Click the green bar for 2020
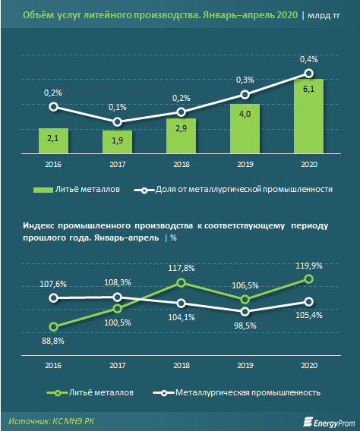(x=308, y=116)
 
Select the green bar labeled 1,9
(x=117, y=142)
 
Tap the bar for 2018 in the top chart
(x=181, y=136)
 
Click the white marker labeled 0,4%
(x=309, y=74)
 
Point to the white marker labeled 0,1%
(x=118, y=121)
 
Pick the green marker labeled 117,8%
(x=182, y=282)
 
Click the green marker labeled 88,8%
(x=54, y=327)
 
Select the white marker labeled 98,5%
(x=245, y=311)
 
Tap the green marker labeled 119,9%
(x=309, y=279)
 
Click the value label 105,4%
(x=309, y=315)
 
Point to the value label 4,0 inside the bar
(x=245, y=114)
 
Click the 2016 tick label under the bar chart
(x=53, y=165)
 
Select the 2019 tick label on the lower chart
(x=245, y=365)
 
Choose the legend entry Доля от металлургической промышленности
(x=233, y=190)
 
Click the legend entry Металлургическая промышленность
(x=237, y=392)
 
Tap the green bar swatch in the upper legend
(x=43, y=190)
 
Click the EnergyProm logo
(x=329, y=423)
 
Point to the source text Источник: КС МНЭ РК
(x=51, y=421)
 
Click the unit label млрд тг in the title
(x=324, y=15)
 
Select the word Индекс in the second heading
(x=38, y=225)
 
